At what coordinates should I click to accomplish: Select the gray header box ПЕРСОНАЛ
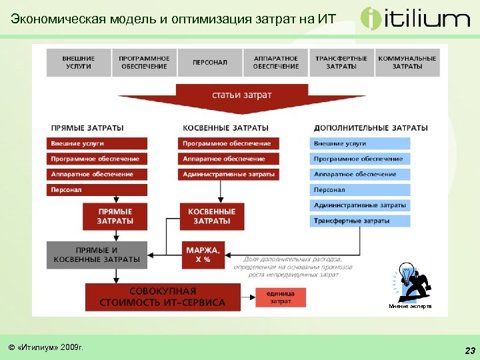pos(210,63)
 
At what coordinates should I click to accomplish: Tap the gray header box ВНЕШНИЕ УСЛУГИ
pos(78,63)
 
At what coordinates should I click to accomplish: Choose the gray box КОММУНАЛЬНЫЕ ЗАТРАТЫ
pos(407,63)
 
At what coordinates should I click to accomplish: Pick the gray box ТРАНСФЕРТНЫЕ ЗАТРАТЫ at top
pos(341,63)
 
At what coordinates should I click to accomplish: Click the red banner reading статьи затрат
pos(241,95)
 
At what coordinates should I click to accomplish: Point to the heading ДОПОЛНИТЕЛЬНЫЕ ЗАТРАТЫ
pos(370,127)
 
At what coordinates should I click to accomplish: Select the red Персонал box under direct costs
pos(97,190)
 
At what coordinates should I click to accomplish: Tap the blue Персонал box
pos(360,190)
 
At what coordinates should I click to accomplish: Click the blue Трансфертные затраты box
pos(360,221)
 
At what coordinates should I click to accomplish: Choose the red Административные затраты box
pos(229,175)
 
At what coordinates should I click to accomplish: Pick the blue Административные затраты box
pos(360,205)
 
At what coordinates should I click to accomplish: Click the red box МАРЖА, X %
pos(203,254)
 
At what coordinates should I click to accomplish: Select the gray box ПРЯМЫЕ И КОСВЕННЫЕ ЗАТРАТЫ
pos(97,255)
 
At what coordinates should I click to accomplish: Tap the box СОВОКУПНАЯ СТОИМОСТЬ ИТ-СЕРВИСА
pos(163,297)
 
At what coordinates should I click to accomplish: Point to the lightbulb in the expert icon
pos(405,274)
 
